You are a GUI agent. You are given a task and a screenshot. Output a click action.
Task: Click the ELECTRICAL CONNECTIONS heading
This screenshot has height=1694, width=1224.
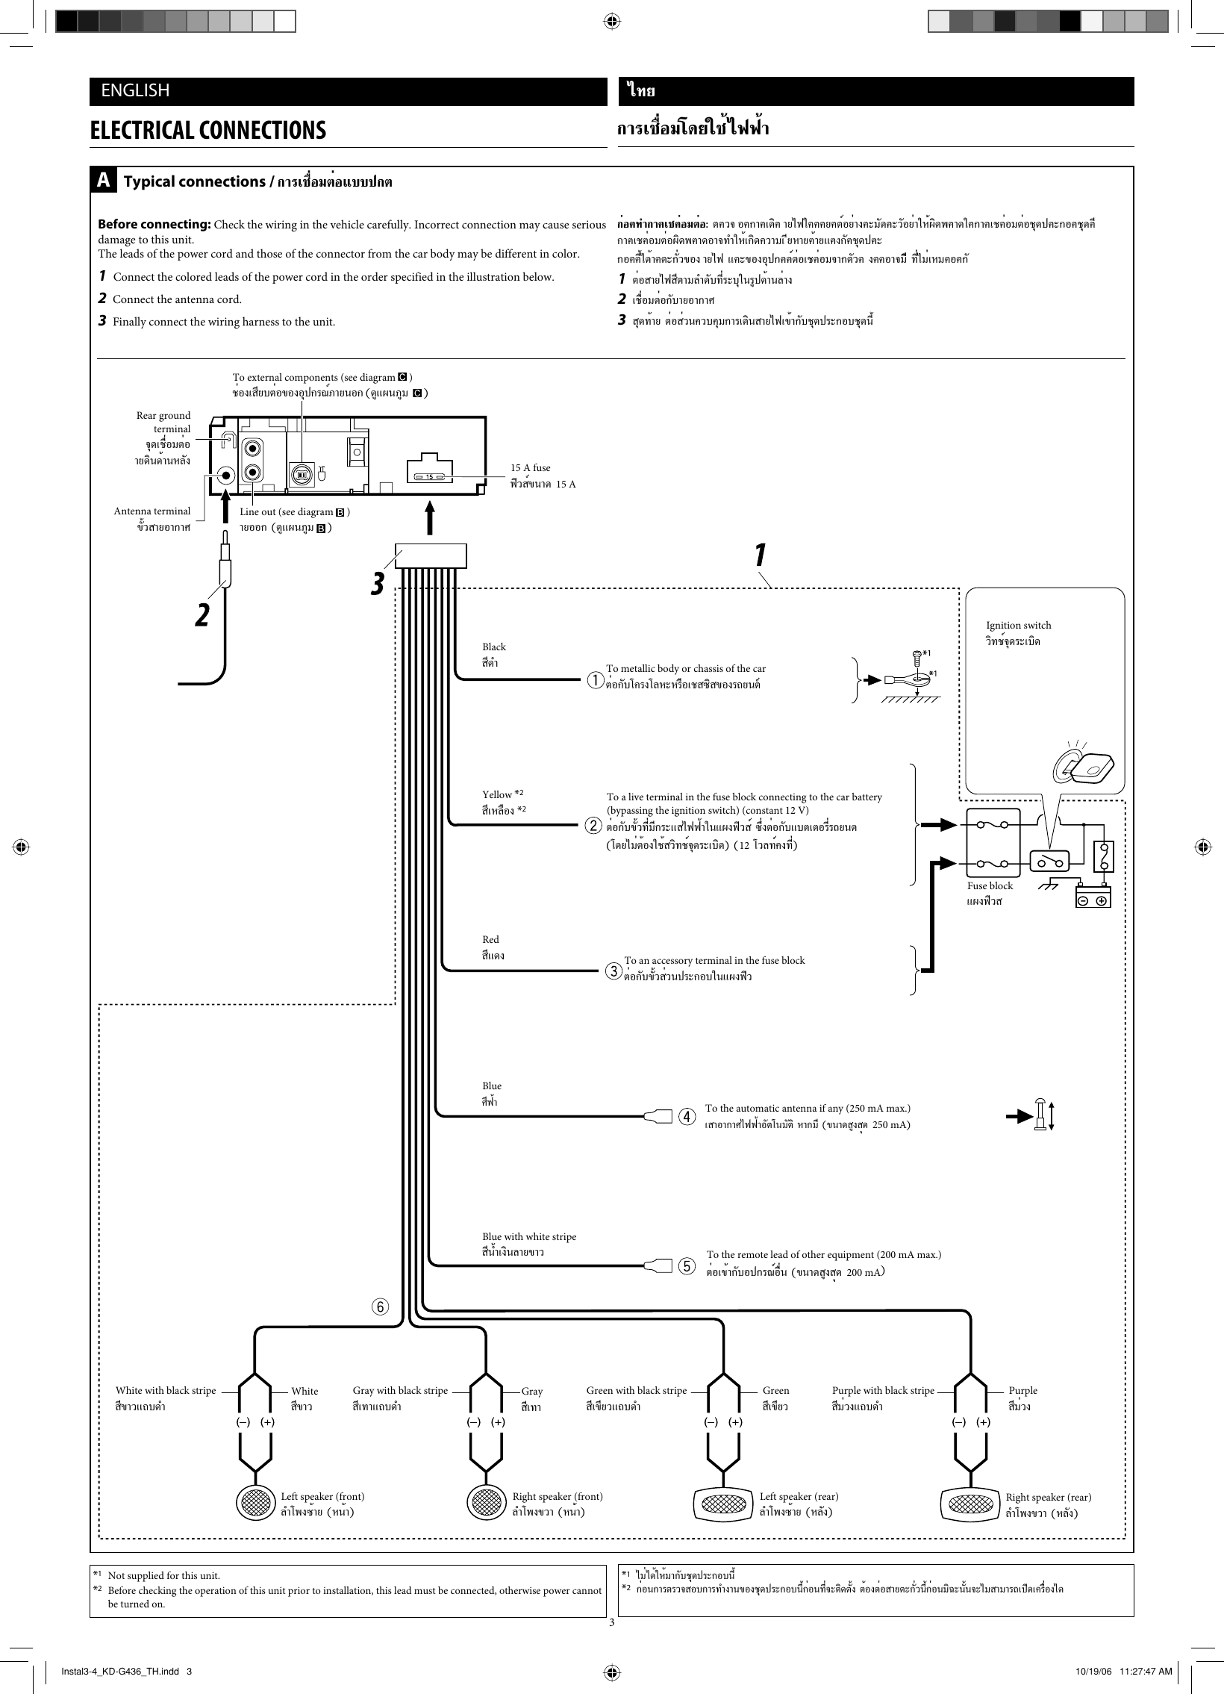tap(207, 131)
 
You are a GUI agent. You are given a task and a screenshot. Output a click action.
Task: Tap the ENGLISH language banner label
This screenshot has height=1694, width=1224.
tap(135, 90)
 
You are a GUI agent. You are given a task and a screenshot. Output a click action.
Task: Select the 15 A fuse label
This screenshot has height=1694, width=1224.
tap(530, 468)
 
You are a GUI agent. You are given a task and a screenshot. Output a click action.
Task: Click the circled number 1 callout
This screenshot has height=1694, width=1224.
tap(595, 681)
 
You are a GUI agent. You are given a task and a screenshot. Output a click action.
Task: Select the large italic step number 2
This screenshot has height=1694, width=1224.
tap(202, 615)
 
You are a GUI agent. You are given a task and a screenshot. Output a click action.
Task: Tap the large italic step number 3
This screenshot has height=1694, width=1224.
tap(378, 583)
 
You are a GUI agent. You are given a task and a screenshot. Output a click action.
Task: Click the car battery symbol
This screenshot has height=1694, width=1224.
tap(1093, 897)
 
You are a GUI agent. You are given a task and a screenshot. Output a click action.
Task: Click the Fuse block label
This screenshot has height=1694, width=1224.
tap(990, 886)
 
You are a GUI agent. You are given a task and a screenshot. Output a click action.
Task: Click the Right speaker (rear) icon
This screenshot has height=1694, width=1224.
tap(971, 1503)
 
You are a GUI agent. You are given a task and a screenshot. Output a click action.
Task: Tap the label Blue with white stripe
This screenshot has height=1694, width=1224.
tap(528, 1237)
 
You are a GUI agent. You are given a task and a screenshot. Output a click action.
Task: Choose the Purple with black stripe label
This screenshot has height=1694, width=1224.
tap(883, 1391)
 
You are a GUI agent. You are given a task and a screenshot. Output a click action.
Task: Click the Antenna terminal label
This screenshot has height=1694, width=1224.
tap(152, 511)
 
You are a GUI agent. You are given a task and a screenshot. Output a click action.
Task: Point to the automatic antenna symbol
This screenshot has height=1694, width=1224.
tap(1039, 1116)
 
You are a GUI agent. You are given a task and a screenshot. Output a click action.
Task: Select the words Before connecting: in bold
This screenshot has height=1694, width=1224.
tap(154, 225)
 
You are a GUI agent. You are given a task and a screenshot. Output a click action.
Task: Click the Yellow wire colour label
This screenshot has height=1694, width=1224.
tap(497, 794)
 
